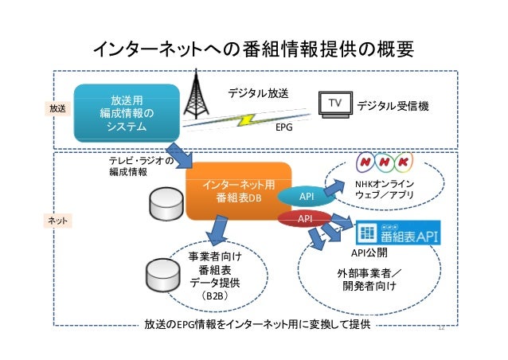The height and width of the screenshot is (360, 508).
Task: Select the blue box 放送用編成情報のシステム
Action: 127,114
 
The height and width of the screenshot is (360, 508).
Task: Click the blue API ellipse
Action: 306,196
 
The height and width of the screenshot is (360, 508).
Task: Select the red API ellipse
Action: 304,217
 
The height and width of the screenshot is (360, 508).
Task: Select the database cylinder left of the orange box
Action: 167,204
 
